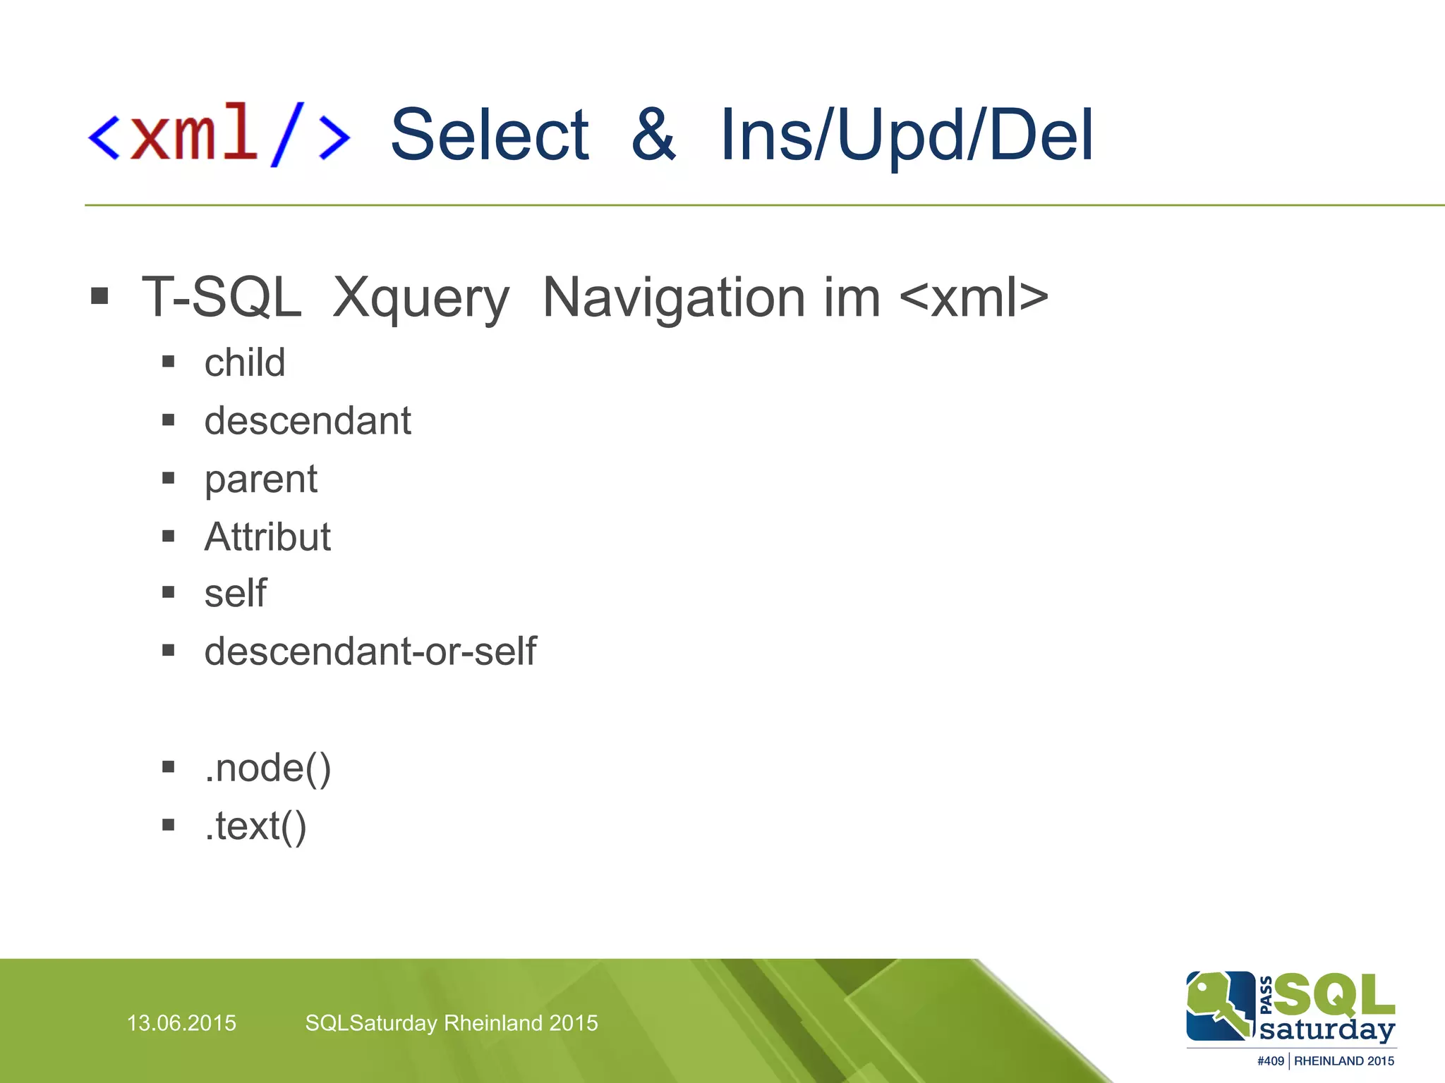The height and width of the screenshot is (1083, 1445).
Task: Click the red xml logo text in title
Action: click(194, 134)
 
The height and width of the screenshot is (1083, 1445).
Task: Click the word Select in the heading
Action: click(489, 135)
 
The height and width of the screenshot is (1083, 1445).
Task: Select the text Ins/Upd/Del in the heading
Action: click(906, 135)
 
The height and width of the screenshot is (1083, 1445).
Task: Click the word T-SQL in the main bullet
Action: click(222, 298)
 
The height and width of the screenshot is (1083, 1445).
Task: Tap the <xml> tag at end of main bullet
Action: click(974, 298)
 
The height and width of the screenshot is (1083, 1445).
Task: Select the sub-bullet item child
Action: click(245, 362)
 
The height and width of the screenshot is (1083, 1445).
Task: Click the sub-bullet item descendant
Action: click(308, 421)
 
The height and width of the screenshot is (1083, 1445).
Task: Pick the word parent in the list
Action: click(261, 479)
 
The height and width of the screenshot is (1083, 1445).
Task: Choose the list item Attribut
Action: click(267, 537)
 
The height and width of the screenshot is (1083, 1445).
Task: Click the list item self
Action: click(235, 594)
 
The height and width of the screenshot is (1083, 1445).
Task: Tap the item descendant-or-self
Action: click(370, 651)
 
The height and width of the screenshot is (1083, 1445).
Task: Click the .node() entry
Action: click(267, 768)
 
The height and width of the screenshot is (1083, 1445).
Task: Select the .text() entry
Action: click(255, 826)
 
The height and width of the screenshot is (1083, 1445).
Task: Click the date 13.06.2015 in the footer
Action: click(181, 1023)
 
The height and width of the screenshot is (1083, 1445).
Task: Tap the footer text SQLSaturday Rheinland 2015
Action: click(452, 1023)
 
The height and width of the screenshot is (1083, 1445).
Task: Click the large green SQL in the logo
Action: click(1334, 995)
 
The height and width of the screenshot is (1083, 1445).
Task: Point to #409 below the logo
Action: click(1270, 1061)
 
